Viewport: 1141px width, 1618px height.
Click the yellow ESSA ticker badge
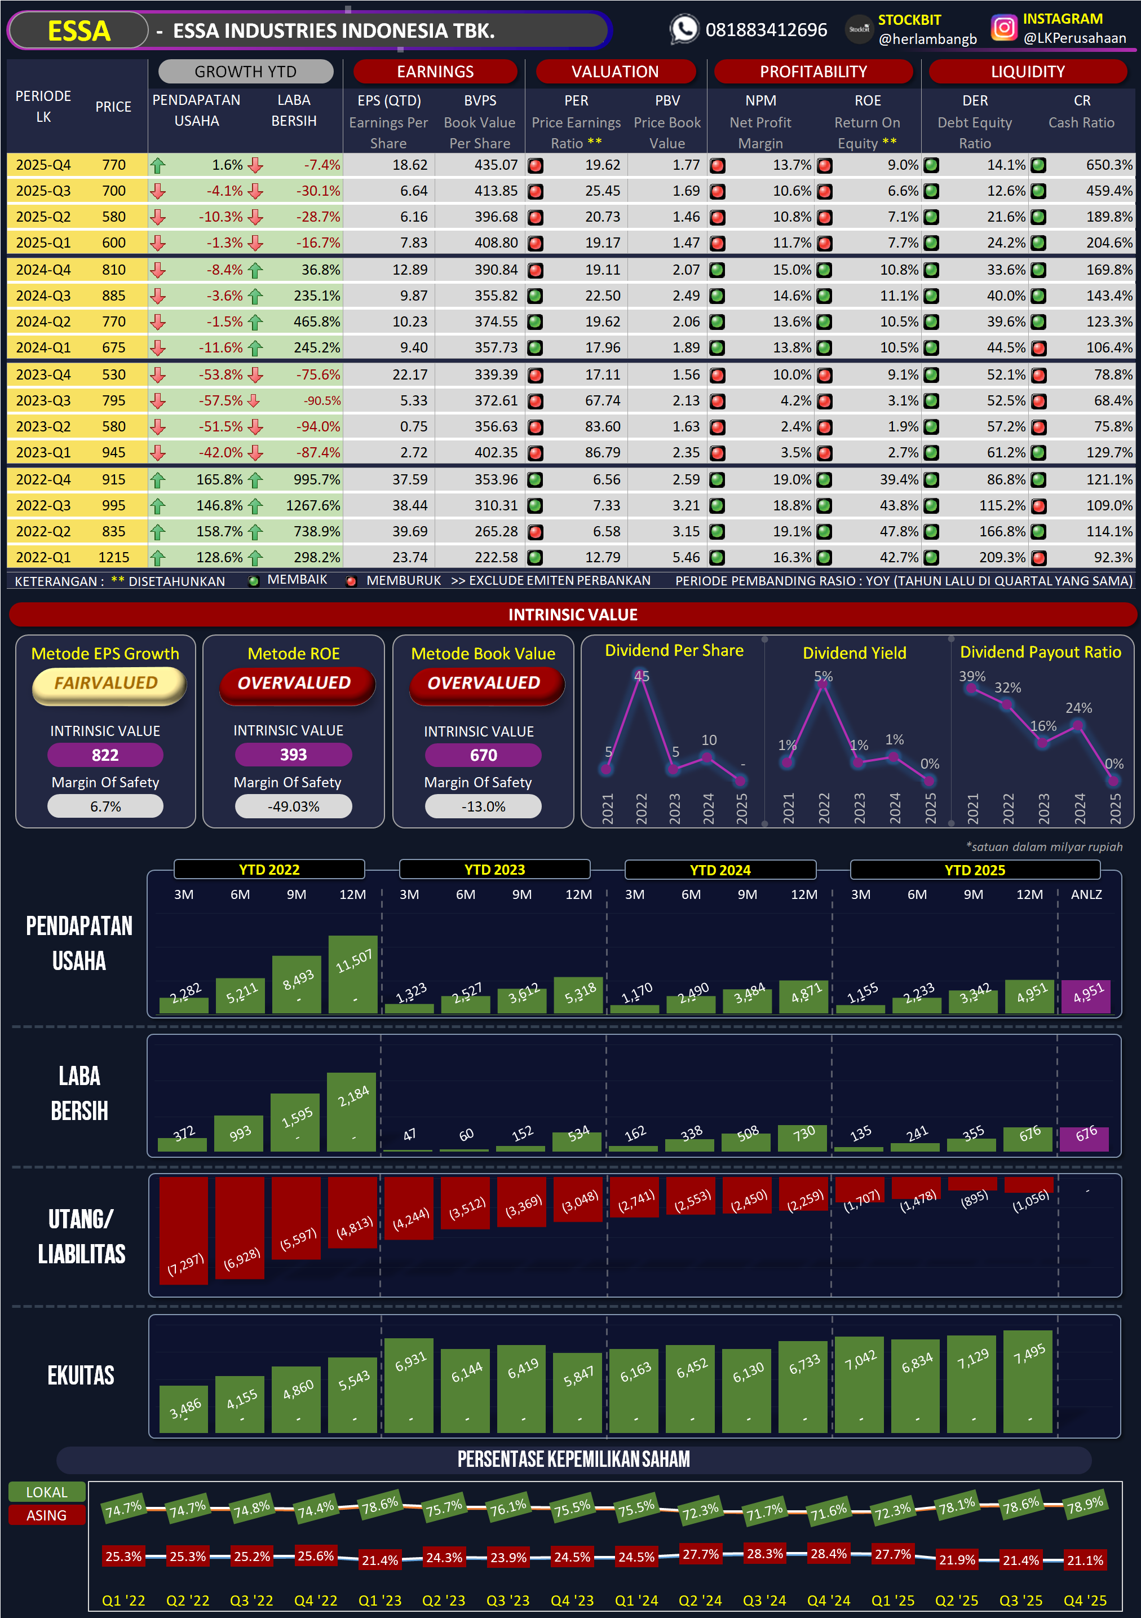click(78, 31)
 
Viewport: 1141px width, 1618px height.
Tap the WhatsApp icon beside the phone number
click(683, 29)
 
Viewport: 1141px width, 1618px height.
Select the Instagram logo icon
click(1003, 28)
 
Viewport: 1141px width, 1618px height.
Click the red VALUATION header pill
click(615, 72)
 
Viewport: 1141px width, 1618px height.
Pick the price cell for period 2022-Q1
click(113, 557)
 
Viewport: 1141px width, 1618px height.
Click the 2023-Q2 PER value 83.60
click(602, 426)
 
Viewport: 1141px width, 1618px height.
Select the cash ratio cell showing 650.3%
click(1109, 165)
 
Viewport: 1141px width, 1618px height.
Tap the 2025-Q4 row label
click(43, 165)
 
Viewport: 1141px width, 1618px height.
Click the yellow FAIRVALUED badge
click(107, 684)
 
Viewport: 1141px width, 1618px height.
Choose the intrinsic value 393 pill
click(293, 755)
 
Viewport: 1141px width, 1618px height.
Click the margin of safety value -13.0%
click(483, 807)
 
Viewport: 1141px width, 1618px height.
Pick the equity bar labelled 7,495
click(1028, 1381)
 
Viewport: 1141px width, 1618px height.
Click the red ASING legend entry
click(46, 1515)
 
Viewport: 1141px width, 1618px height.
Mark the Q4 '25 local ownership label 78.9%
click(1085, 1505)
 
